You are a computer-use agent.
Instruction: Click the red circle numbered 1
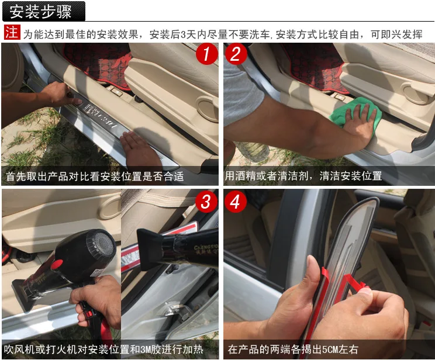pos(206,54)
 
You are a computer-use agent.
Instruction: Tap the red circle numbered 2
pos(236,54)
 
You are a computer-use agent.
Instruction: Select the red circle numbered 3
pos(206,202)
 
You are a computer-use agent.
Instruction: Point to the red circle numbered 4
pos(236,202)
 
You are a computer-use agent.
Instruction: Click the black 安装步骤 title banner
pos(43,11)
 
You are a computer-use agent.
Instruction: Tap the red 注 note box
pos(12,32)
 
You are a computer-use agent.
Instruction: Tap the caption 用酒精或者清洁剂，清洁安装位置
pos(303,176)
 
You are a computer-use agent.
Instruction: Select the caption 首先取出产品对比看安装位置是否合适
pos(95,176)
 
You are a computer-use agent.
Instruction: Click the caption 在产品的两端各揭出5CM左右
pos(293,349)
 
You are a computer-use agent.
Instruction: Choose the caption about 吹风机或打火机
pos(103,349)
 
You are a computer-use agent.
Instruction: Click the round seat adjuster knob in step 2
pos(414,94)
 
